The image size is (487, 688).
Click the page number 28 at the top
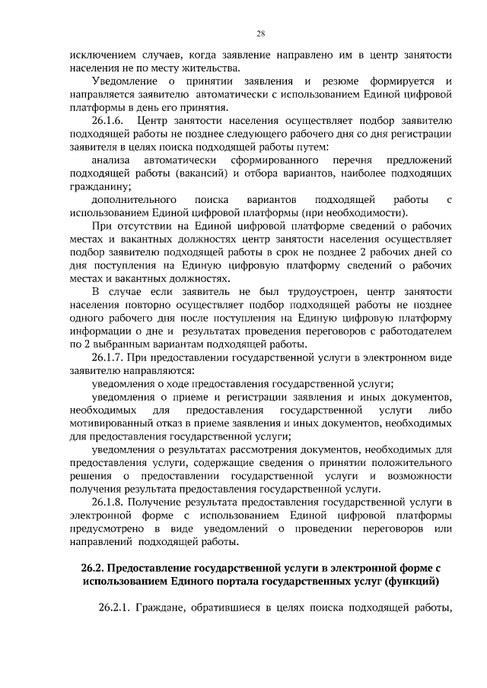coord(260,33)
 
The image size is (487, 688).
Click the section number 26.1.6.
coord(110,121)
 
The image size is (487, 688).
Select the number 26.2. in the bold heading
coord(97,569)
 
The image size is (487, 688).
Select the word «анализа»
coord(112,160)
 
